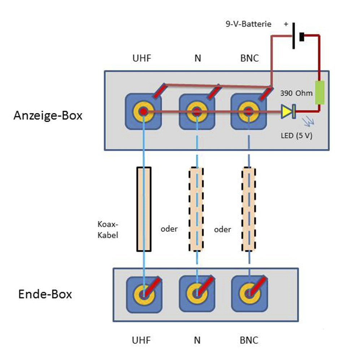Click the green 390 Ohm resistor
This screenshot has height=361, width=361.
319,93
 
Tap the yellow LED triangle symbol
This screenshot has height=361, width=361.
287,112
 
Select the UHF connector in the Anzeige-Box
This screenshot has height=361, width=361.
143,112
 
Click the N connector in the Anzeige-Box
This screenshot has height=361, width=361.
197,112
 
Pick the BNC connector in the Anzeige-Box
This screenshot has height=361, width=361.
248,112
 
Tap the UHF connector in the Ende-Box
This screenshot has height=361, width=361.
143,293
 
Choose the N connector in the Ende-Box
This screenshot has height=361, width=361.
197,293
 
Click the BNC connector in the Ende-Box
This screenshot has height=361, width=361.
248,293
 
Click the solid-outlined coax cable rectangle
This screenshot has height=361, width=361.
144,209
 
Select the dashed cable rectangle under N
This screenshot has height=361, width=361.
197,209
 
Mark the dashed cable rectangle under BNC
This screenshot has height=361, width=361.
249,209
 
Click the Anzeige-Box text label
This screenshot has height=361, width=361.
48,116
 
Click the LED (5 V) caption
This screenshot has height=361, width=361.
296,137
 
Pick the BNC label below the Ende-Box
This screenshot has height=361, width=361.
249,340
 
